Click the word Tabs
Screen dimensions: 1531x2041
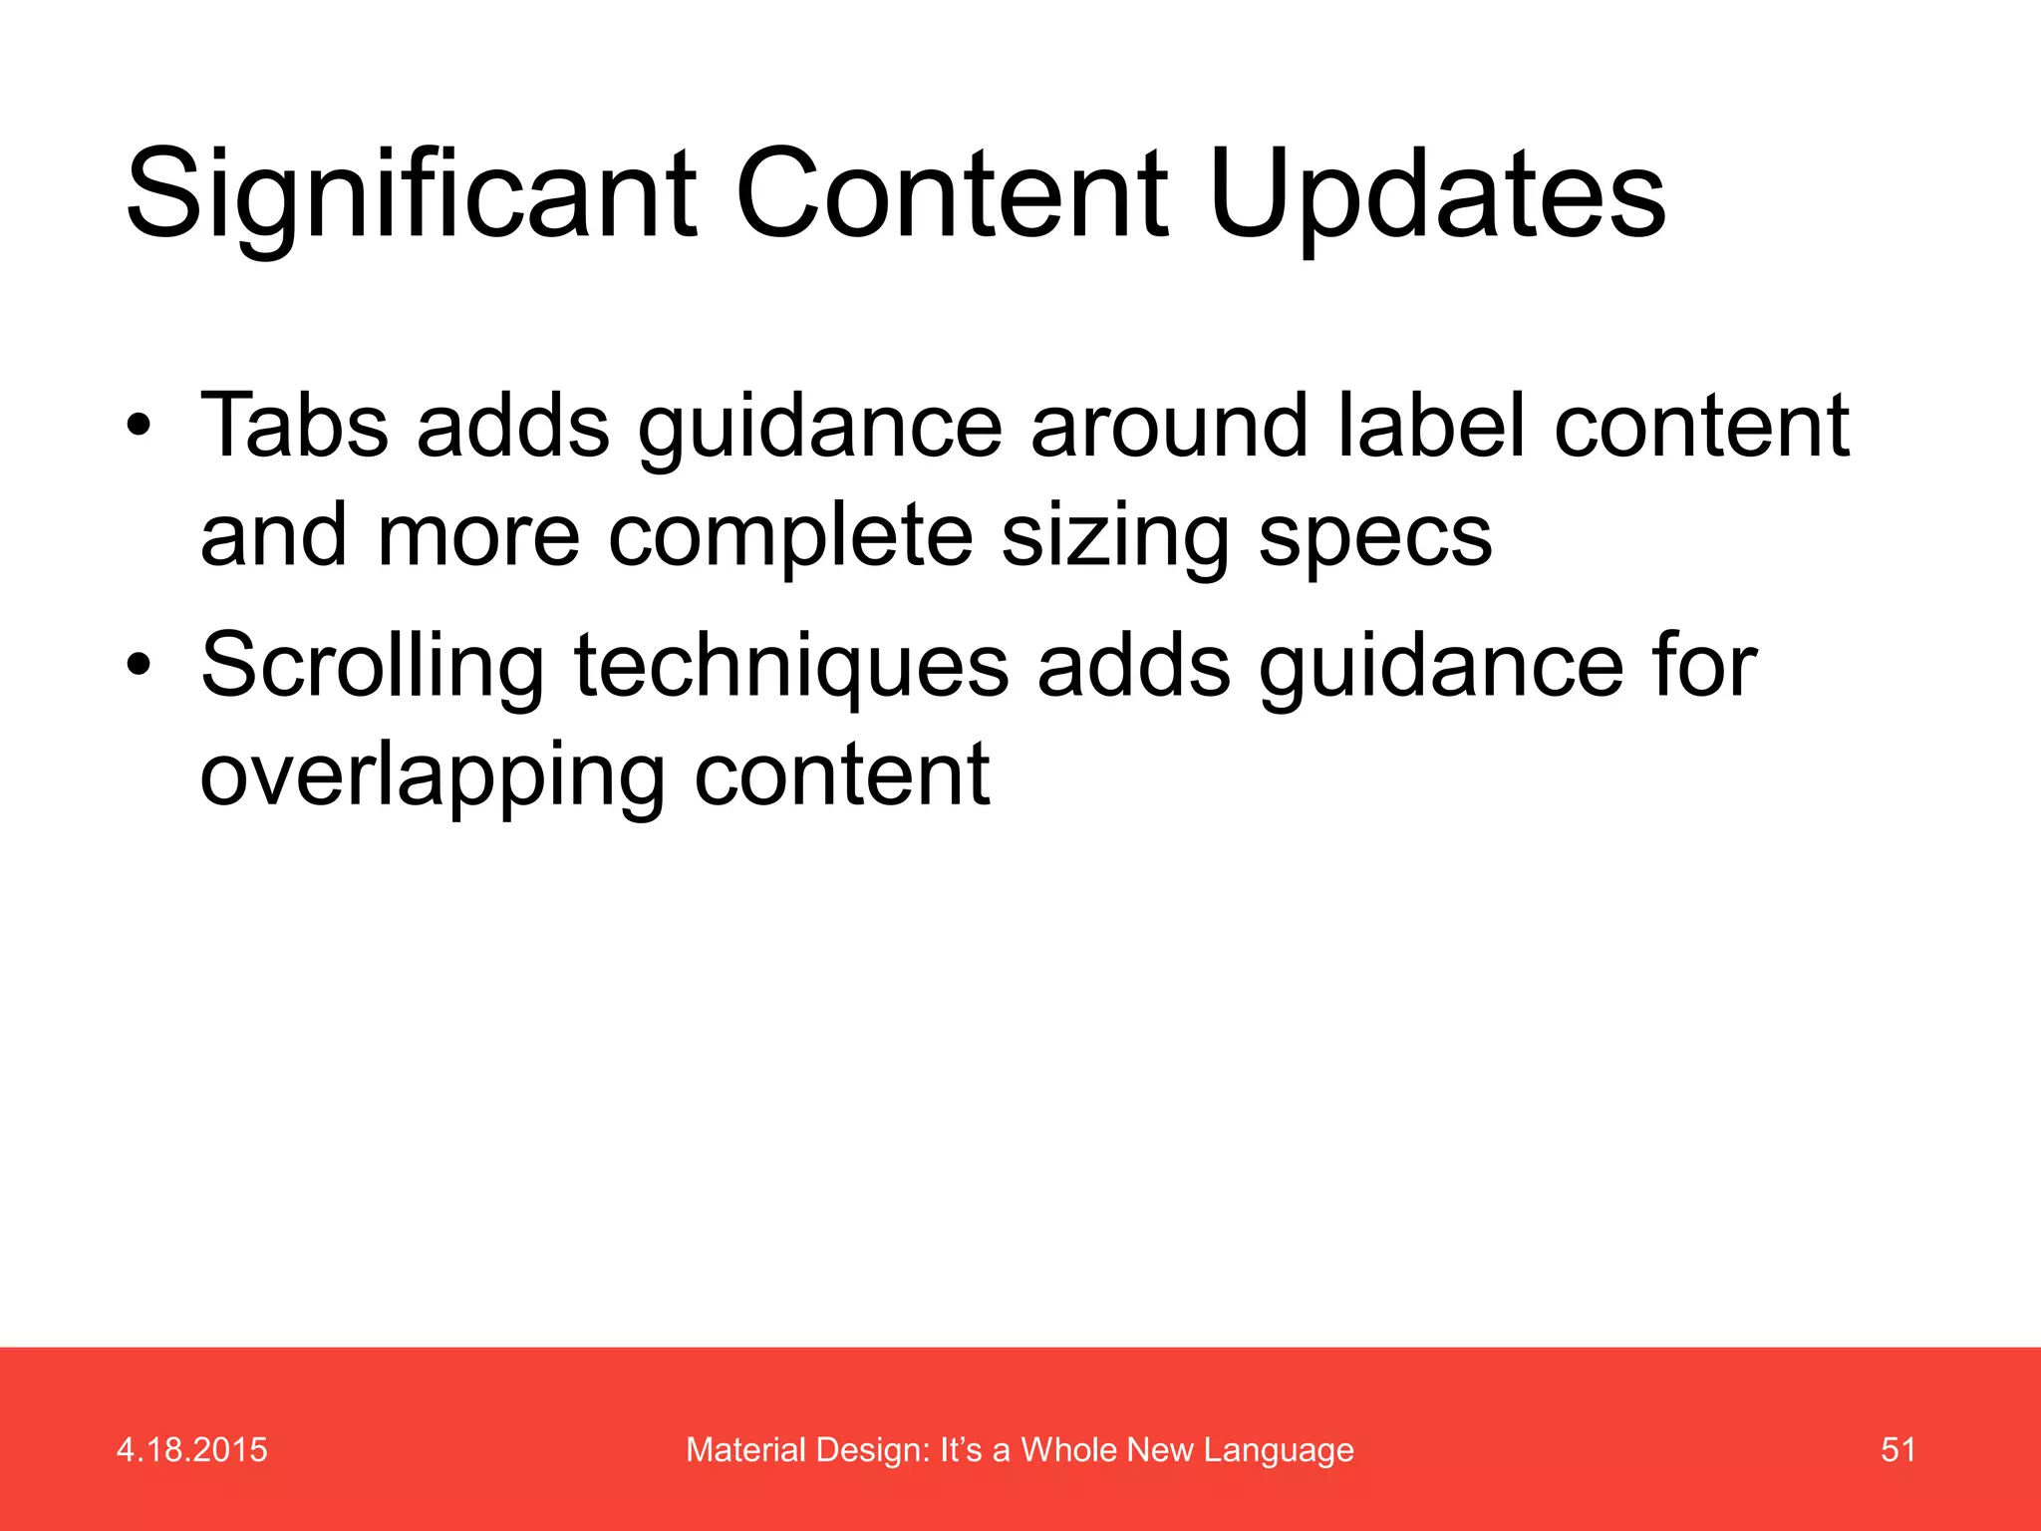294,427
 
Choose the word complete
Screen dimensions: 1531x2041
789,536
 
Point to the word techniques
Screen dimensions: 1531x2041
791,666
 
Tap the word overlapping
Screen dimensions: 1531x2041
432,777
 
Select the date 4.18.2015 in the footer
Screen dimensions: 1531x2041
192,1449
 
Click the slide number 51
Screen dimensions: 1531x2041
1897,1449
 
